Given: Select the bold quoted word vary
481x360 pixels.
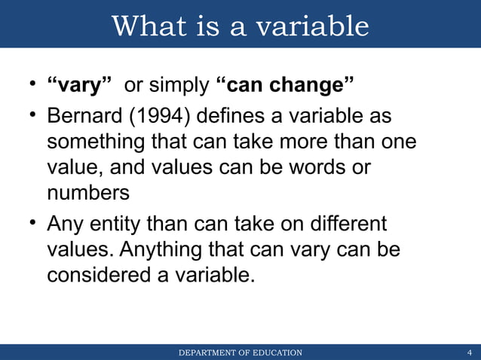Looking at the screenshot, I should click(81, 86).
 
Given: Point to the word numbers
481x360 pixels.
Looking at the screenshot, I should click(88, 192).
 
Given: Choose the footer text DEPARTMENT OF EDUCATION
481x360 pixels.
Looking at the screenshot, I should click(240, 352).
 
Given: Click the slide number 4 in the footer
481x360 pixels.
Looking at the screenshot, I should click(470, 352).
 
